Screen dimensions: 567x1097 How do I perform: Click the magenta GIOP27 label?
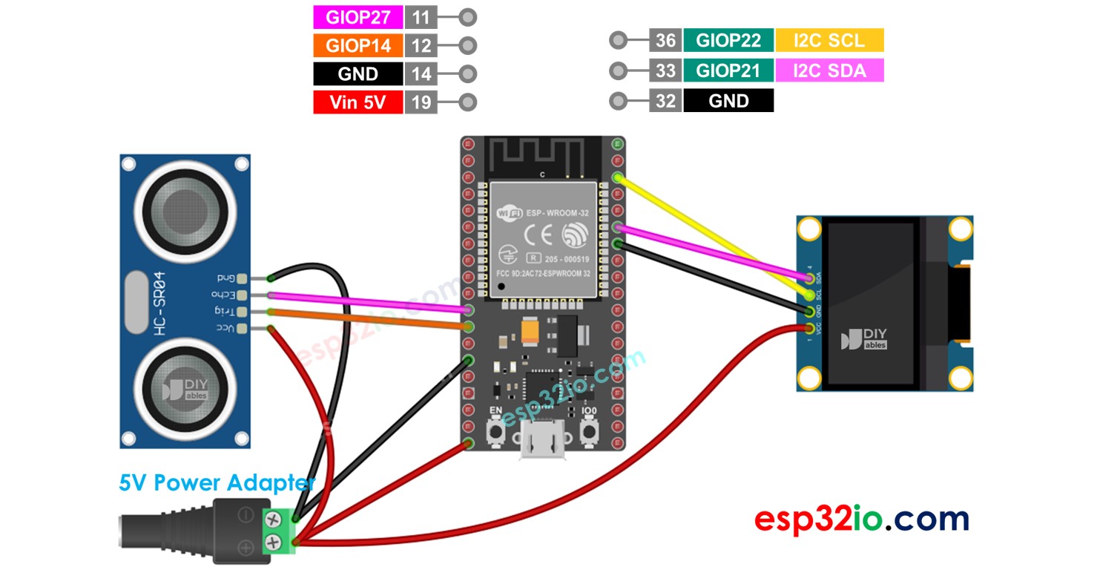pos(358,17)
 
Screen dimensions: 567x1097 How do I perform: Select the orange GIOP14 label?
pos(358,45)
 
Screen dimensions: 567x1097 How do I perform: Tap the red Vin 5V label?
pos(358,102)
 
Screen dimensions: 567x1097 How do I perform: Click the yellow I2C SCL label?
pos(829,40)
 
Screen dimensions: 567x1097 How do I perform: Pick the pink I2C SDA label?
pos(829,71)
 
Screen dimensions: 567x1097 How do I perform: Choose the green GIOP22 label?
pos(728,40)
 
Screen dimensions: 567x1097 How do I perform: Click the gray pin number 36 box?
pos(665,40)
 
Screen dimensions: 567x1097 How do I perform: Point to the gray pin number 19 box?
pos(421,102)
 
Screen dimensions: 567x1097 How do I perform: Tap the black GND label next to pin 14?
pos(358,73)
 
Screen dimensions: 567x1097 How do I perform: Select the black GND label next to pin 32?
pos(728,101)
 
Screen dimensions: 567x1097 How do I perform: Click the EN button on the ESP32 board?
pos(495,430)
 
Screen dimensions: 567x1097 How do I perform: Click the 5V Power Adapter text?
pos(217,483)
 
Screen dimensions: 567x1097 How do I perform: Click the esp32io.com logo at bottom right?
pos(861,519)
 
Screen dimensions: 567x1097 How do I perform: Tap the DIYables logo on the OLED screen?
pos(864,339)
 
